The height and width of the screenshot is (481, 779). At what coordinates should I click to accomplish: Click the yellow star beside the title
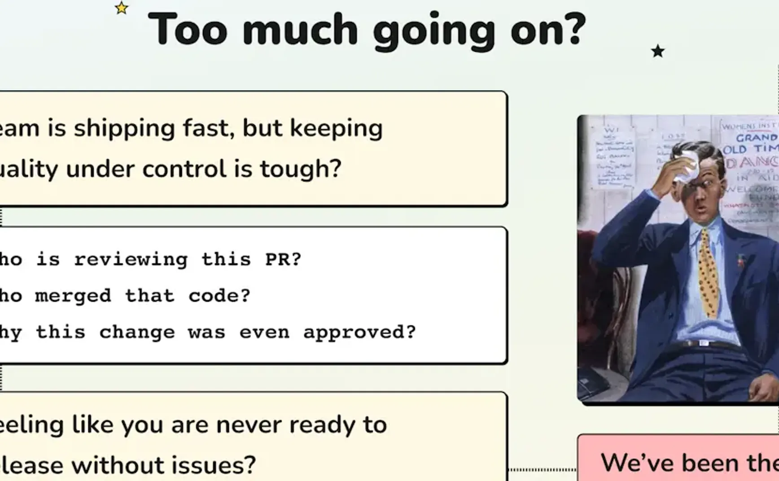pos(121,8)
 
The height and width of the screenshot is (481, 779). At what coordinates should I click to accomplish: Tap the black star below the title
pos(658,51)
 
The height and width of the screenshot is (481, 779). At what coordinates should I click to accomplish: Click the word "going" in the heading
pos(434,31)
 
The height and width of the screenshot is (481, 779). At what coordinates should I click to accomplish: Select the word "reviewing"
pos(131,260)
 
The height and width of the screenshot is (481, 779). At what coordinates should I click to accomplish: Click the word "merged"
pos(73,296)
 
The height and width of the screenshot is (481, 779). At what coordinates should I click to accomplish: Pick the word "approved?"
pos(359,332)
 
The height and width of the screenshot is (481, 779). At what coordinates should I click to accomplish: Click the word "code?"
pos(219,296)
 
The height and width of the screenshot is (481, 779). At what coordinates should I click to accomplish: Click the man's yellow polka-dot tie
pos(708,273)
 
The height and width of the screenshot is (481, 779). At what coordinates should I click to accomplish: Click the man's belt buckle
pos(703,343)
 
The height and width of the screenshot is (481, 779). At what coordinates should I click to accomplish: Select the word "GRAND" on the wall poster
pos(756,137)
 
